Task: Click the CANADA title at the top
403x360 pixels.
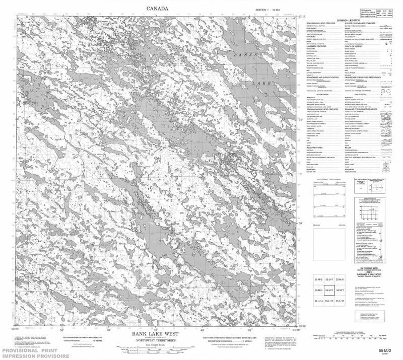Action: (x=157, y=8)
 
